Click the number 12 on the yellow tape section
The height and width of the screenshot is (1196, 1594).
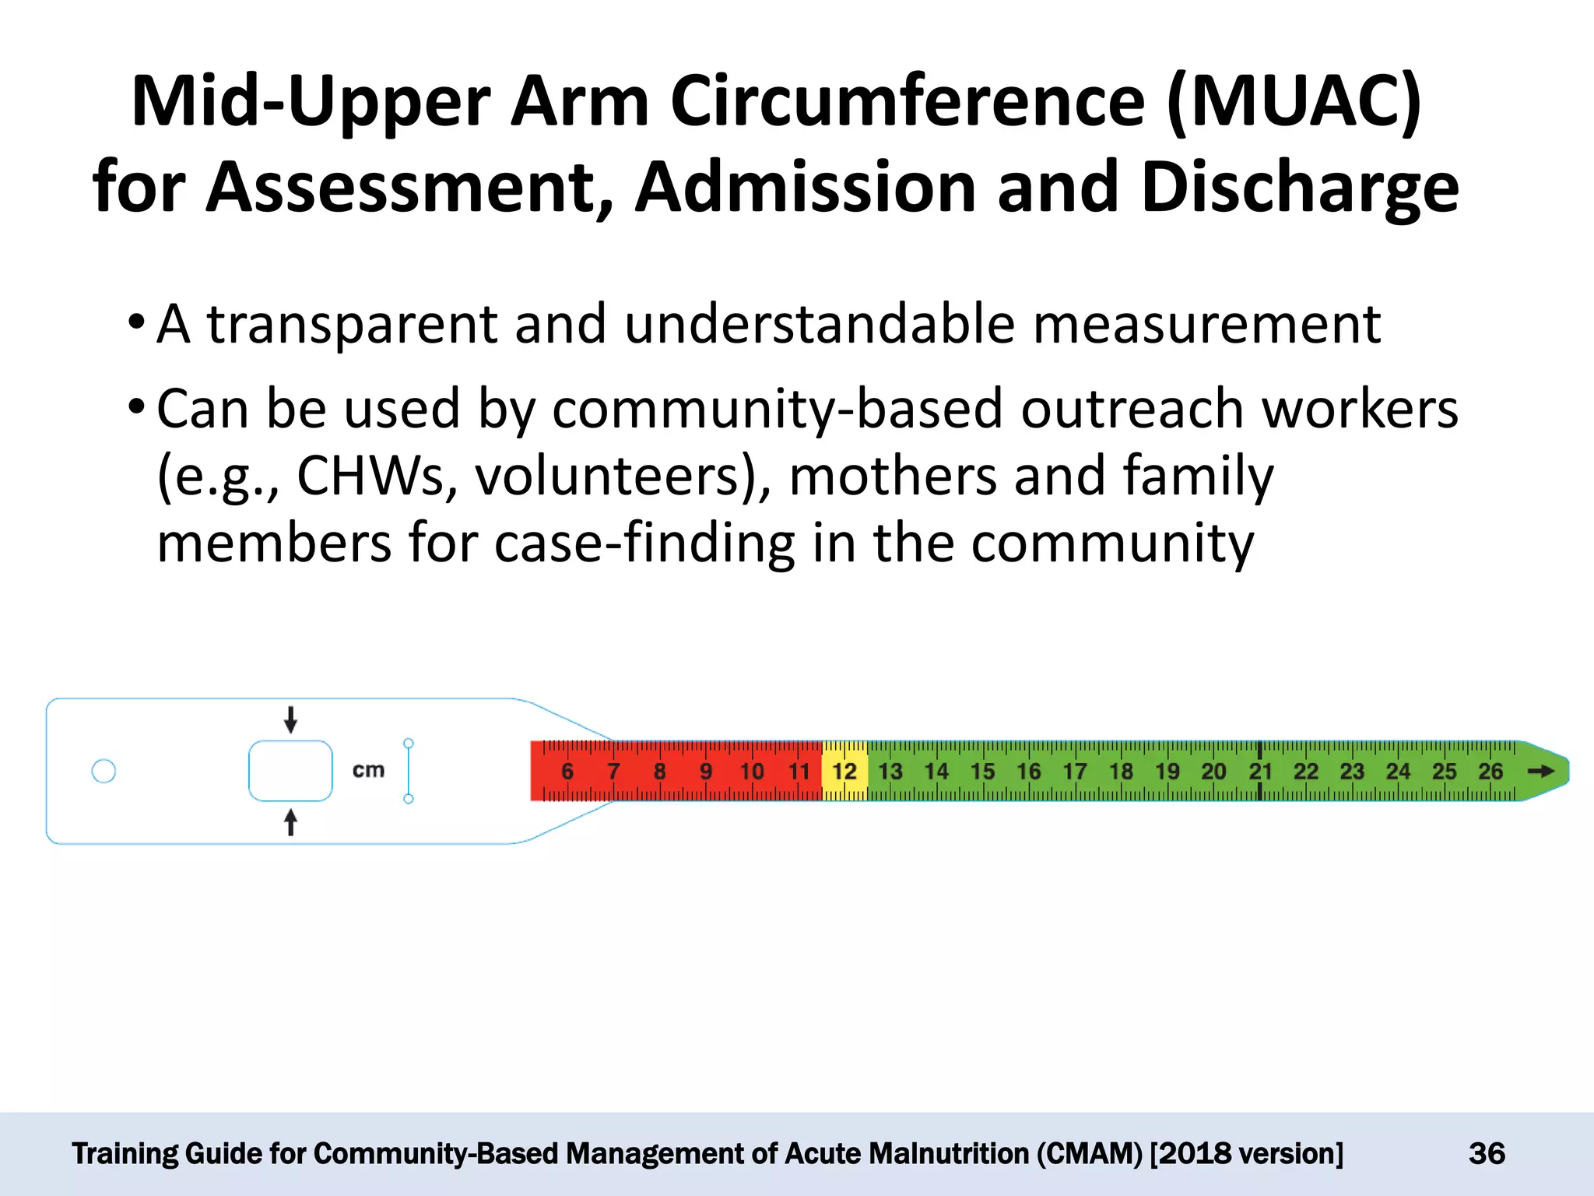pyautogui.click(x=844, y=772)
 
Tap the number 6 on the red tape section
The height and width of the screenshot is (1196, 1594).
pyautogui.click(x=567, y=772)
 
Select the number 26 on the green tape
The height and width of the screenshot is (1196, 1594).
pyautogui.click(x=1490, y=772)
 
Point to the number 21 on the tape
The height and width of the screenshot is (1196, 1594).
pyautogui.click(x=1260, y=772)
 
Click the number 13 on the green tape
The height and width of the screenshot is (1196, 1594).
pyautogui.click(x=890, y=772)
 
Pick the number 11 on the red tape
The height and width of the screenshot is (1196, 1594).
pyautogui.click(x=799, y=772)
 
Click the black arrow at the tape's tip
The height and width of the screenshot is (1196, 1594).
pyautogui.click(x=1540, y=771)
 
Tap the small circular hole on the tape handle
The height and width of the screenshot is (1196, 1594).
pyautogui.click(x=104, y=771)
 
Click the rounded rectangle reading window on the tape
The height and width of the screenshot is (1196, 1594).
pyautogui.click(x=290, y=771)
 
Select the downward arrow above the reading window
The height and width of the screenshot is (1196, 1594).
pyautogui.click(x=290, y=719)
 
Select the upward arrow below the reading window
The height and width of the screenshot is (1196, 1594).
pyautogui.click(x=290, y=822)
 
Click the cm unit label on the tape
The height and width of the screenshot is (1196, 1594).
pyautogui.click(x=368, y=771)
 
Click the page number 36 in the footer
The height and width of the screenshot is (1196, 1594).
pyautogui.click(x=1487, y=1153)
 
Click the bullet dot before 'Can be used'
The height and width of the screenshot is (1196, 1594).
pyautogui.click(x=136, y=406)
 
